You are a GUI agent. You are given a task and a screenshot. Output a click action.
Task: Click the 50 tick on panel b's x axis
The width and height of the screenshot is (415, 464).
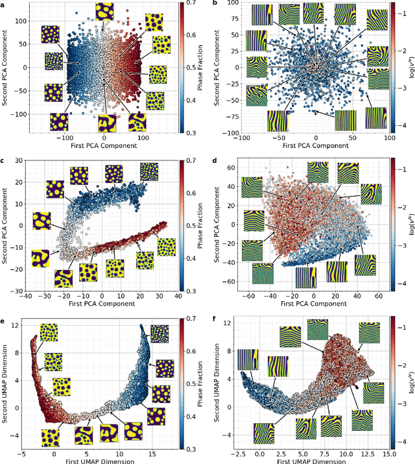pyautogui.click(x=353, y=137)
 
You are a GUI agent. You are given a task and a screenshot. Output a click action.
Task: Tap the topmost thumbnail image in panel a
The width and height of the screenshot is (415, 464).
pyautogui.click(x=104, y=11)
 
